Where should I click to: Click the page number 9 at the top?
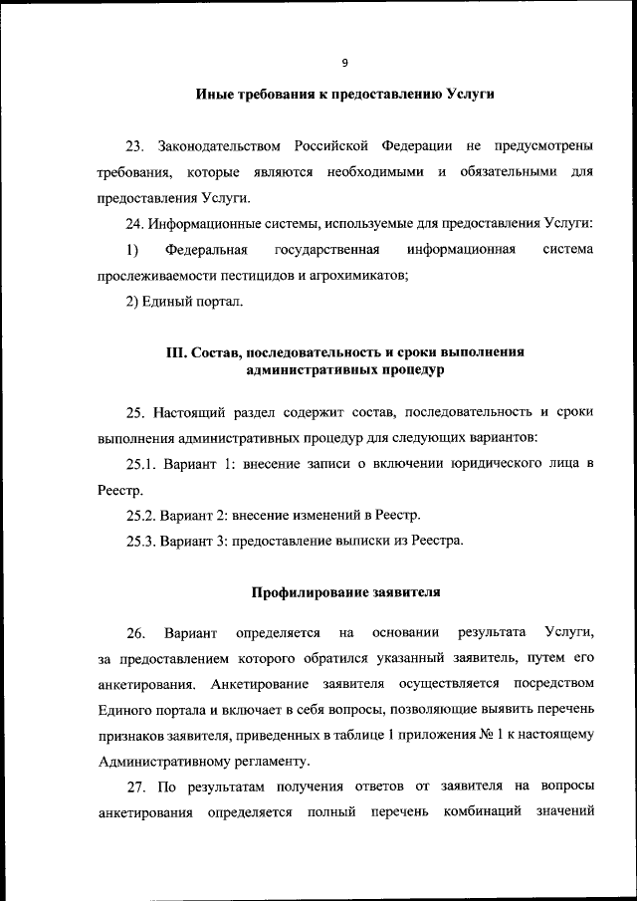[x=344, y=63]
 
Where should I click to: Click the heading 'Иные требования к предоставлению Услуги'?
[x=344, y=96]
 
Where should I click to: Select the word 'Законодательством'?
[x=214, y=148]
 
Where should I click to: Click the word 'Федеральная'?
[x=206, y=249]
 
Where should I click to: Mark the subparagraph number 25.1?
[x=140, y=464]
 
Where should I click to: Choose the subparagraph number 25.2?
[x=140, y=515]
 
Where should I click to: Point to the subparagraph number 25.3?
[x=140, y=541]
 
